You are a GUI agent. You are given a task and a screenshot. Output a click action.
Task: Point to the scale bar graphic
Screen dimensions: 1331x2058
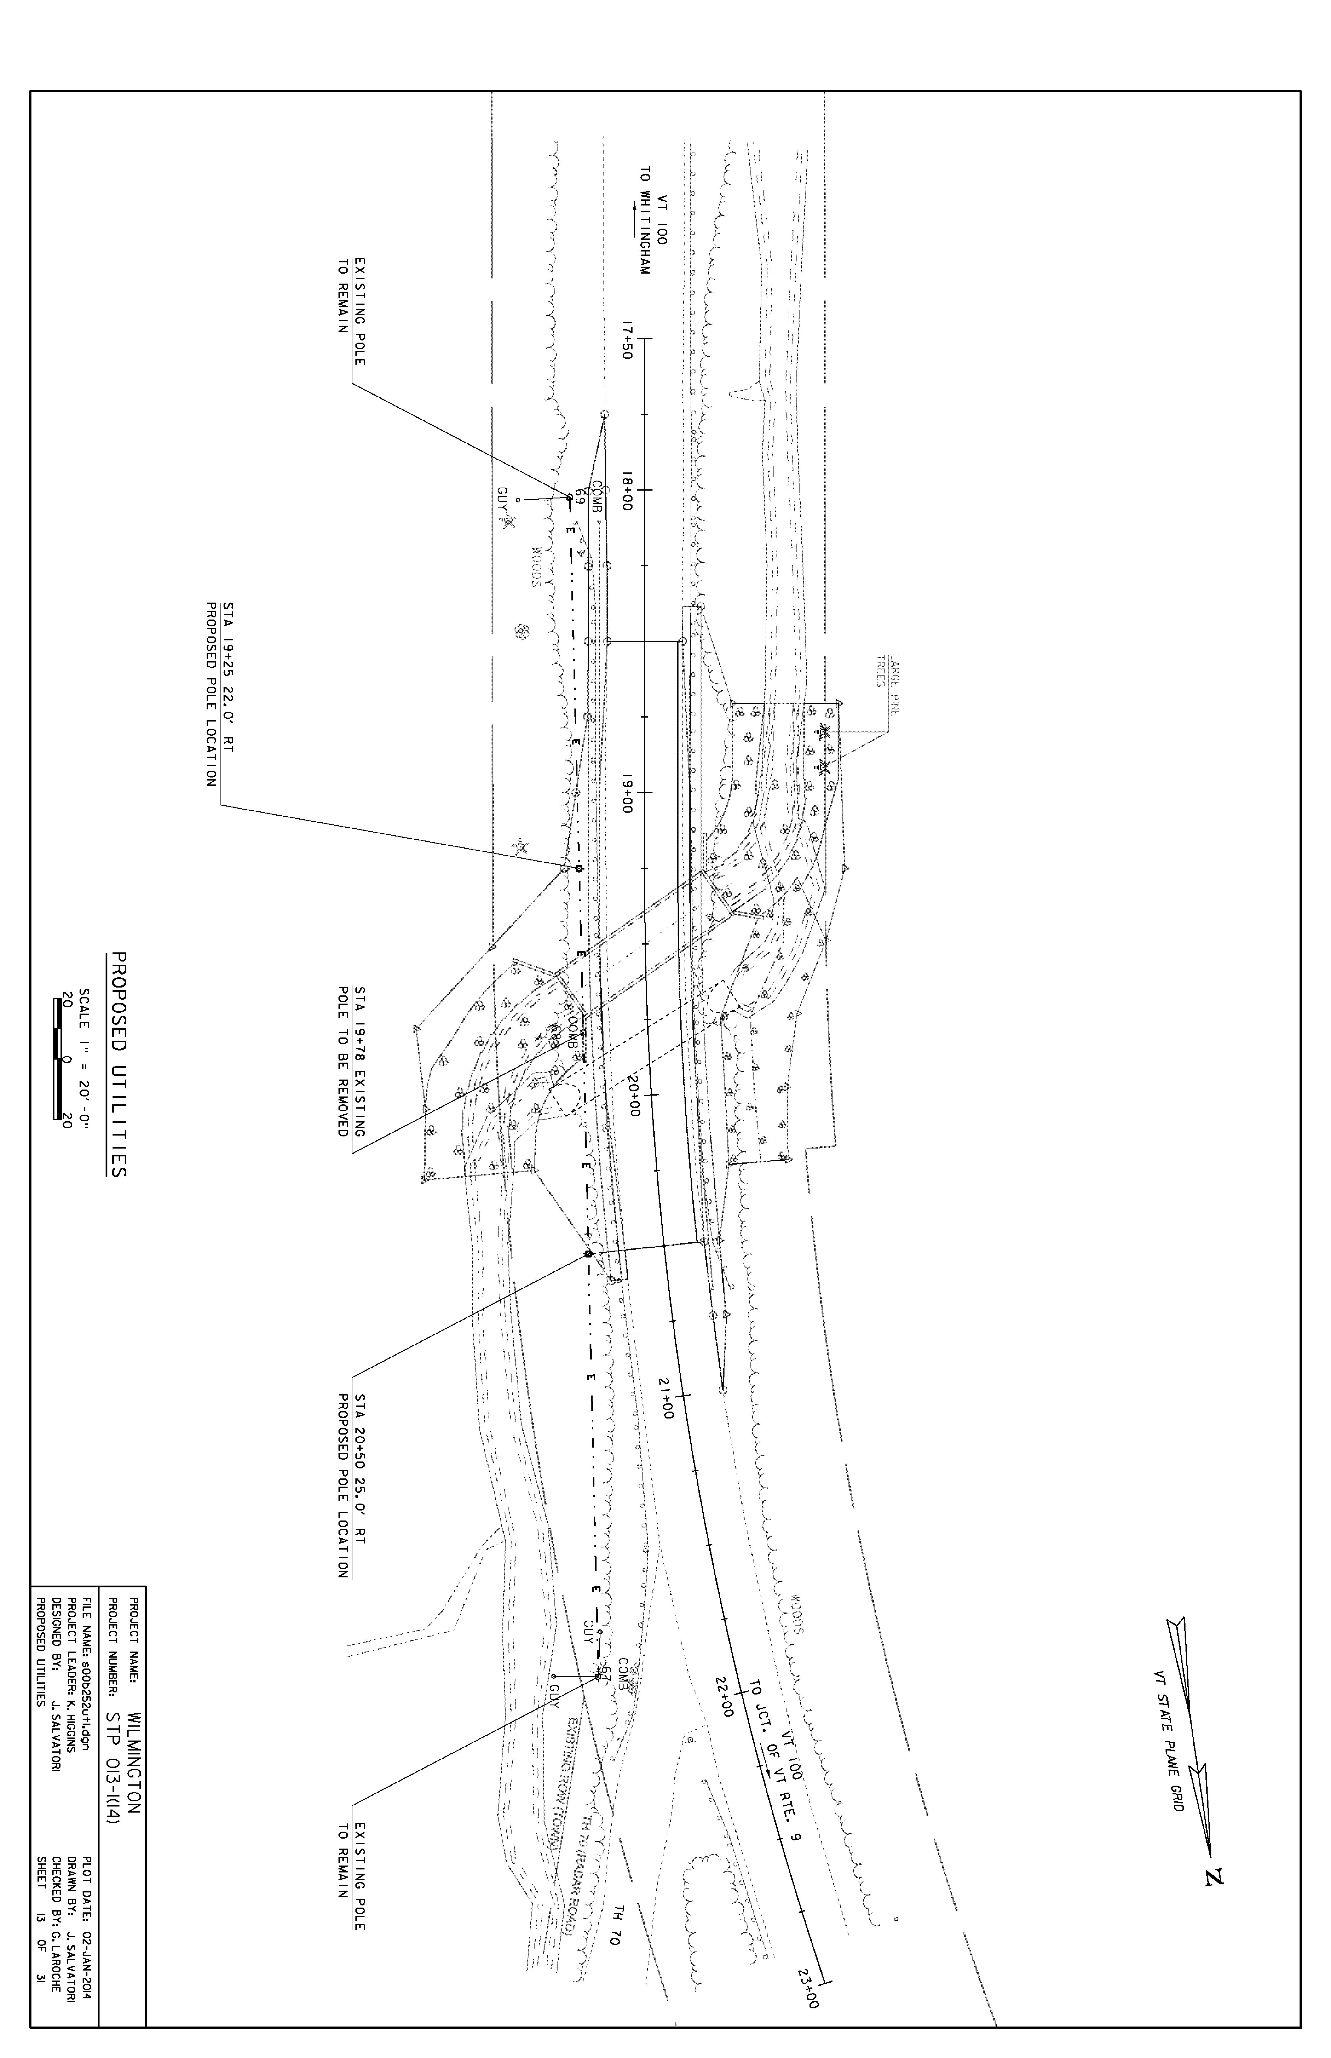[x=59, y=1059]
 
